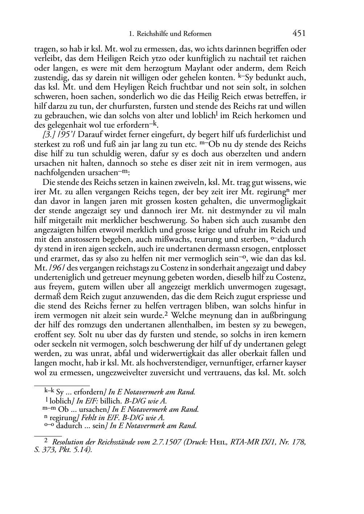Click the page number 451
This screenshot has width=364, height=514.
tap(299, 34)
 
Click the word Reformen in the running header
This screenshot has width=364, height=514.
tap(198, 34)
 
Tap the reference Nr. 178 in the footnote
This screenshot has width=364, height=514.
tap(290, 442)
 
